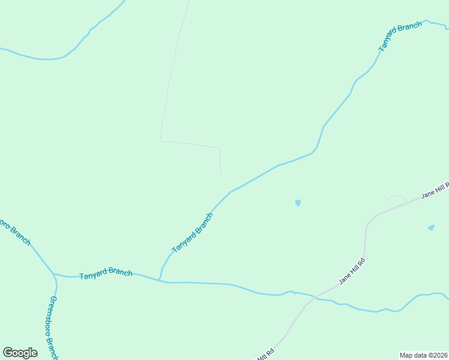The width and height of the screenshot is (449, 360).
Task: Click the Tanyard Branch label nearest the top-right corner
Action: pos(400,36)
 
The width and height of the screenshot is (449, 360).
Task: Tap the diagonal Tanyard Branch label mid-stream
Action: pos(192,233)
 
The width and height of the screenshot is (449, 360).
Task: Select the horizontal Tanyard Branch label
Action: pos(106,273)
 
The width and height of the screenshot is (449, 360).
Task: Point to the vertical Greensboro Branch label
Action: pos(53,327)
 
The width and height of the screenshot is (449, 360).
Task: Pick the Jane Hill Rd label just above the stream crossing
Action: pos(352,271)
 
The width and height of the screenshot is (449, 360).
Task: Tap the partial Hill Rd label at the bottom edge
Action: pos(266,354)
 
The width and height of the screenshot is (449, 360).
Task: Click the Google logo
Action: pos(20,353)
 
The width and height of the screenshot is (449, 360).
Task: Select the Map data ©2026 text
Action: pos(424,355)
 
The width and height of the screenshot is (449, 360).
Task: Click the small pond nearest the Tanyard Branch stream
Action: pos(298,203)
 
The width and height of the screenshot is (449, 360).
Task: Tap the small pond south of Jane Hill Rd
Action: pos(431,227)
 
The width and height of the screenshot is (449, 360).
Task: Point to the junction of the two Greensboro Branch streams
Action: pos(53,274)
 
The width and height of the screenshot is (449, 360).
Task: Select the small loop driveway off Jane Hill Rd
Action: pos(396,197)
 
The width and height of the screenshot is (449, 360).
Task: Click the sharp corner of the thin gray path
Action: pos(161,140)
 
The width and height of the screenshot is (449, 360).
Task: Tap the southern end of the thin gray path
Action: pos(221,175)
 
